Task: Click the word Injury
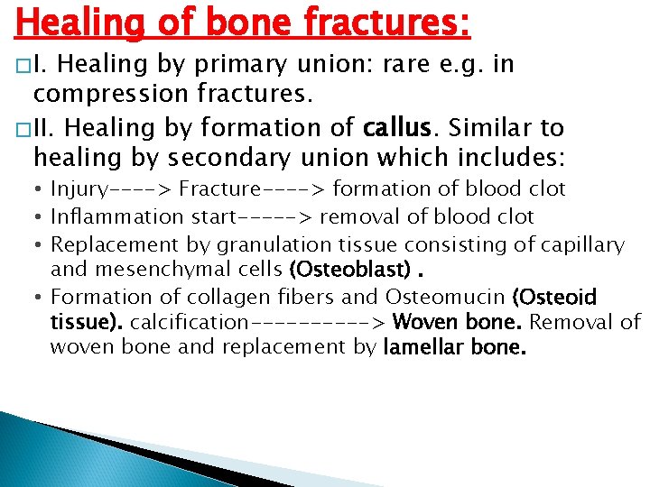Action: tap(79, 189)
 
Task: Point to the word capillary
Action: tap(577, 244)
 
